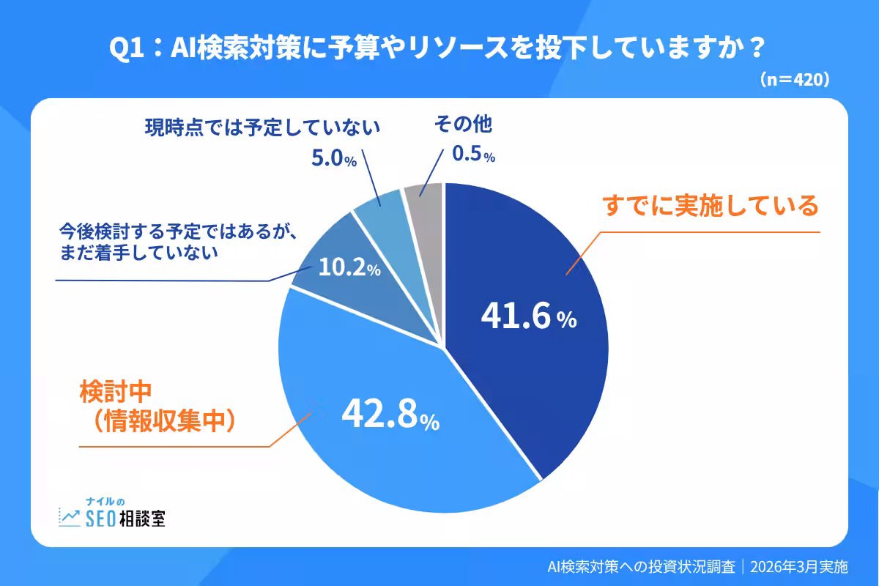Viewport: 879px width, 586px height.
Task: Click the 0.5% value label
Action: click(473, 155)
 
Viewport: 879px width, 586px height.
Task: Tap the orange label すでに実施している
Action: click(710, 207)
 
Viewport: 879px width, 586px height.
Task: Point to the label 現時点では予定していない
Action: click(262, 127)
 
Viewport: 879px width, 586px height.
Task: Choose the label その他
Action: click(463, 125)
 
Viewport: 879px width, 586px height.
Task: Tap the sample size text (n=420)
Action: click(794, 78)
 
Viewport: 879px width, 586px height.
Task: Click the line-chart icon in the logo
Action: click(70, 516)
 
